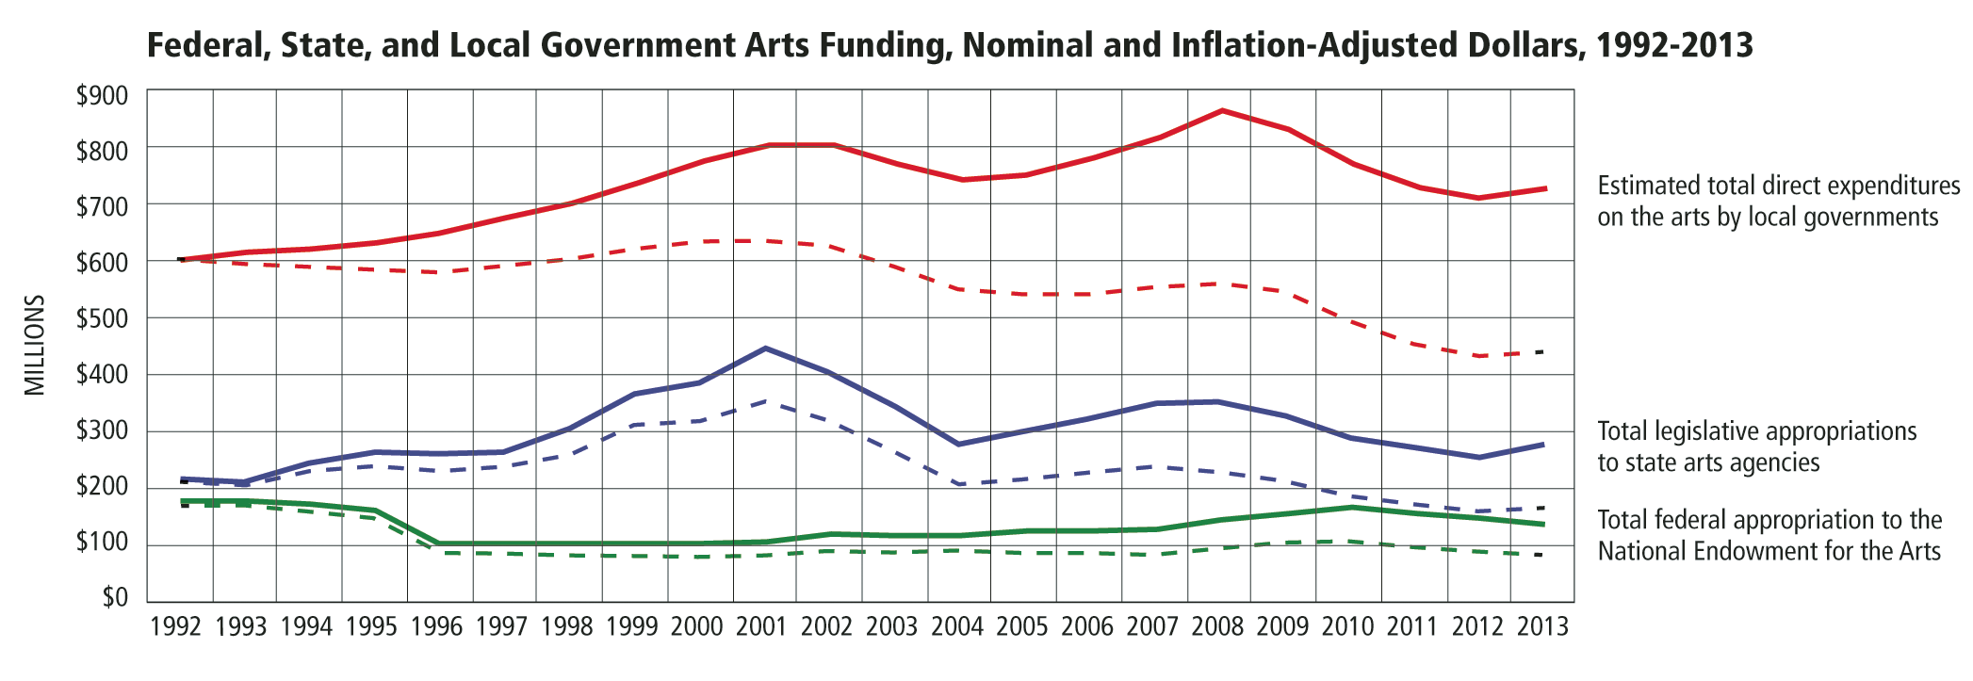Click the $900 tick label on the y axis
click(102, 95)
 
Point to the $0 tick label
click(114, 598)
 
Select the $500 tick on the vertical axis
click(102, 318)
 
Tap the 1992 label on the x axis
click(176, 627)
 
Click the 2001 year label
click(761, 627)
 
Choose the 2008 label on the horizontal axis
click(1217, 627)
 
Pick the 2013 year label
click(1542, 627)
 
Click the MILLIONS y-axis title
click(35, 345)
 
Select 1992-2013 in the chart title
click(1674, 44)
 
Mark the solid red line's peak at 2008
click(1222, 111)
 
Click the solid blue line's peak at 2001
click(765, 349)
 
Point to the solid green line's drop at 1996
click(440, 543)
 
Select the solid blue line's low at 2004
click(958, 444)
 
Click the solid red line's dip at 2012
click(1478, 198)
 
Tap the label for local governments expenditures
click(1778, 202)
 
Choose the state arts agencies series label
click(1756, 446)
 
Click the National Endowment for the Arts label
click(1769, 535)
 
